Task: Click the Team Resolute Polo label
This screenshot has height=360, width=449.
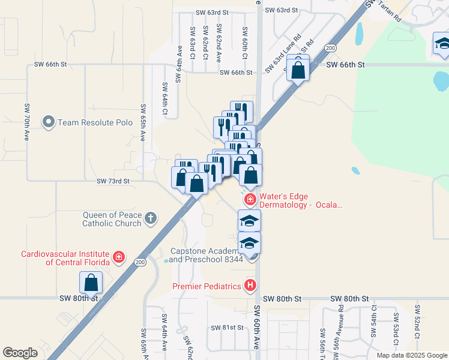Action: (95, 122)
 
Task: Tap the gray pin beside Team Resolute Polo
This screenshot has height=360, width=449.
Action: (49, 122)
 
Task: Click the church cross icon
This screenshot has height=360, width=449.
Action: (150, 218)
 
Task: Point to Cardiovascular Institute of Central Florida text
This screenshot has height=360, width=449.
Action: (65, 257)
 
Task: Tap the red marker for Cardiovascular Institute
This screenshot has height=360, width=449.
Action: (119, 258)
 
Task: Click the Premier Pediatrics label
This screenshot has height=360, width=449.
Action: (207, 286)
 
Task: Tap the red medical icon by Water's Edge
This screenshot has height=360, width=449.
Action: (250, 199)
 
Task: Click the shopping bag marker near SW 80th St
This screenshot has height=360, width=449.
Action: (91, 283)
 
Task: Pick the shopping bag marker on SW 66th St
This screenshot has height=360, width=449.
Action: (298, 69)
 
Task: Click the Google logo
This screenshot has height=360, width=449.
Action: (20, 352)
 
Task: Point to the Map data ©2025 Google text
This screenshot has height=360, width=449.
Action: (411, 355)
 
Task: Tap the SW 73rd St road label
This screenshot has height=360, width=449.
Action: (113, 180)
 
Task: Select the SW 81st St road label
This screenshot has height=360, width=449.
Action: (228, 328)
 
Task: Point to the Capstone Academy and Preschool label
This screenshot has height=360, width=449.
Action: (206, 255)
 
